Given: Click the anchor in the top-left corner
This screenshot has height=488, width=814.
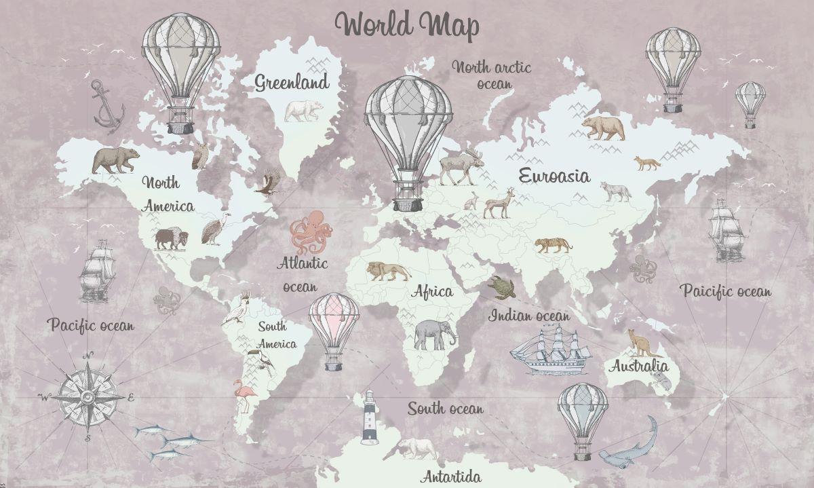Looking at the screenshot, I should (x=107, y=107).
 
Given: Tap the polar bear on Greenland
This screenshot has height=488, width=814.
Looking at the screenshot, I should (x=303, y=111).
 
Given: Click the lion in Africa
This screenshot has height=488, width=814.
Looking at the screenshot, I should (x=387, y=271).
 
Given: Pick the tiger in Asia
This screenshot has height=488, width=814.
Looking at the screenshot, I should (x=552, y=244).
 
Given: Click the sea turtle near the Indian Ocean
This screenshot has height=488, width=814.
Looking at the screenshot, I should (x=502, y=287).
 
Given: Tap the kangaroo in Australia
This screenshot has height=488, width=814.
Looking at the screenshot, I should (x=642, y=343).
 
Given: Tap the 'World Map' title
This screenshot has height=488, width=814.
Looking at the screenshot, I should (x=407, y=24).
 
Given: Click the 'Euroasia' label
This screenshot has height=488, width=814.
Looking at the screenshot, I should (x=554, y=175).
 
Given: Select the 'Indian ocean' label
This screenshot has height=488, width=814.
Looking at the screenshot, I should (x=529, y=316).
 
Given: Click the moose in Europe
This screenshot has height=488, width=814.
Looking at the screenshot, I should (x=461, y=166).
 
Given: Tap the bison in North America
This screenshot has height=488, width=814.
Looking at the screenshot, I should (x=170, y=238).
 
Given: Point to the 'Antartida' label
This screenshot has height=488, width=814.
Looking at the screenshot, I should (x=450, y=475).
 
